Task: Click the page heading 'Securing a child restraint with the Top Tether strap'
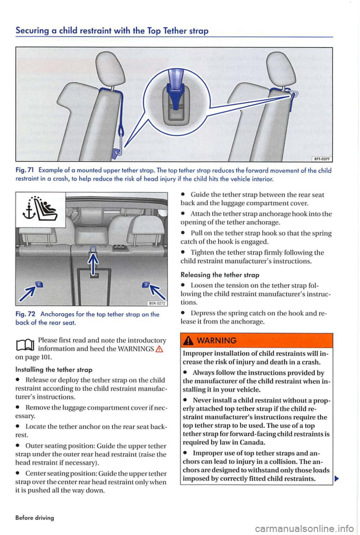pyautogui.click(x=112, y=31)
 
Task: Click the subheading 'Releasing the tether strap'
pyautogui.click(x=220, y=275)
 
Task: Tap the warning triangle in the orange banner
pyautogui.click(x=189, y=340)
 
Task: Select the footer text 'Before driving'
pyautogui.click(x=34, y=517)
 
